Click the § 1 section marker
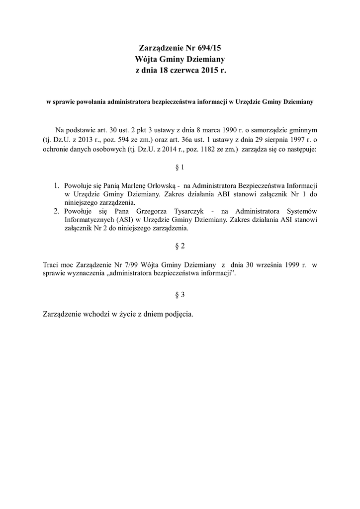point(180,168)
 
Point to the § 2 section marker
point(180,246)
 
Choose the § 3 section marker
point(180,295)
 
